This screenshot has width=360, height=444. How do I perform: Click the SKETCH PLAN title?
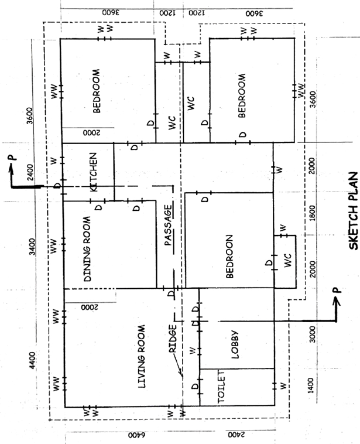coord(353,211)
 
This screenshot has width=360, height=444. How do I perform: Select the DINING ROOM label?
coord(87,249)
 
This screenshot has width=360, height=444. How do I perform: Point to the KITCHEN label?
coord(93,172)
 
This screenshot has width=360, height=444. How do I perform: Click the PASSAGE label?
coord(168,225)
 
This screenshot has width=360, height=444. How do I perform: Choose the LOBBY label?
coord(235,344)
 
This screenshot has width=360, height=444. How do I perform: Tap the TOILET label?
coord(221,387)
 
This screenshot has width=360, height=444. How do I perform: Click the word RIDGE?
coord(173,339)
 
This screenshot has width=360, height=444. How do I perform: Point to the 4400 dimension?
coord(33,360)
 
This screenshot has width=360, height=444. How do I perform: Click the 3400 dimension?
coord(33,247)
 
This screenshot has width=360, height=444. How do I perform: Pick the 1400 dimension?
coord(311,385)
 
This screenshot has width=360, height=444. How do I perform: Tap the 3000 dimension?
coord(312,334)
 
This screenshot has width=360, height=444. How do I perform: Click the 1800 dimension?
coord(312,213)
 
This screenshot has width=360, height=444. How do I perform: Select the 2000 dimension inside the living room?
coord(90,307)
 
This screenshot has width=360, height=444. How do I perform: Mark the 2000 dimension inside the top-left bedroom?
coord(91,132)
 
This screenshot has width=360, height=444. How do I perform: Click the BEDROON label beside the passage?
coord(229,256)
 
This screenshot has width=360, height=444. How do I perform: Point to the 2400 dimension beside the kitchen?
coord(30,172)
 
